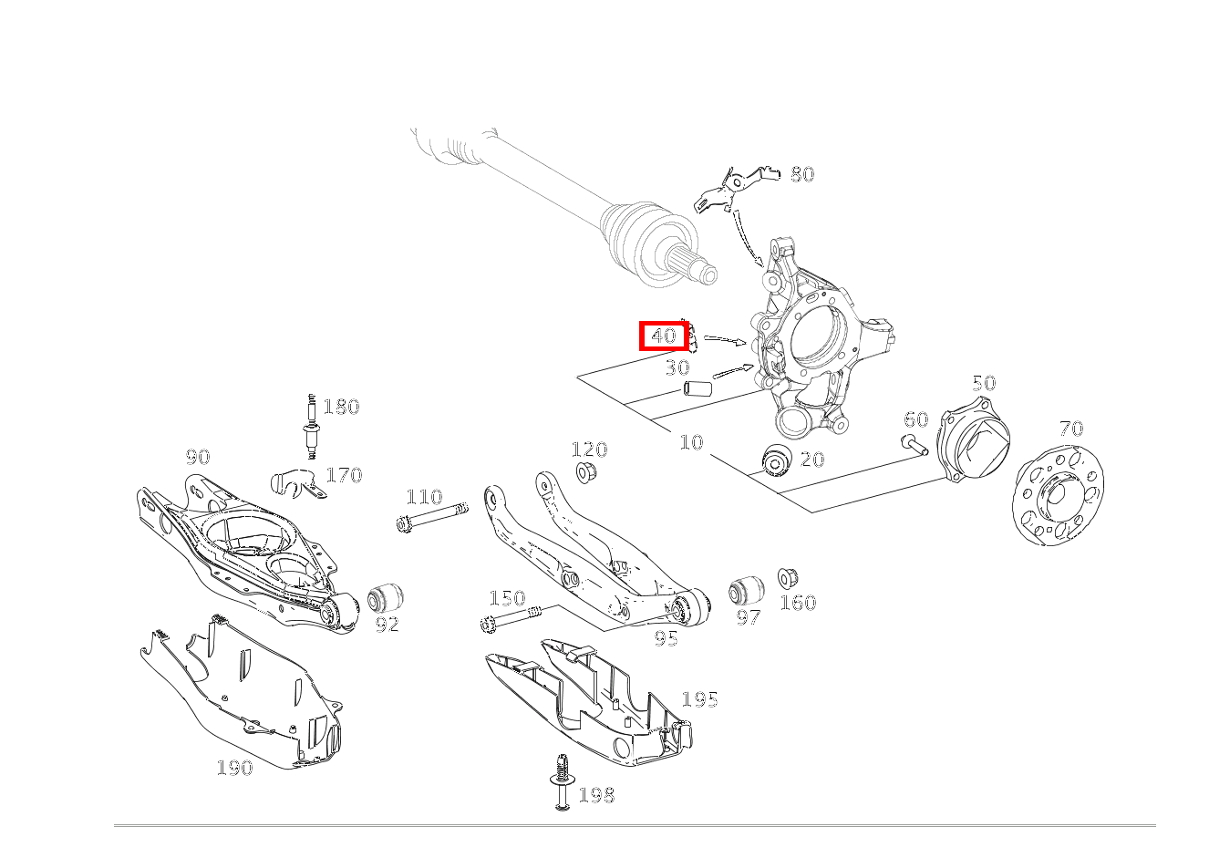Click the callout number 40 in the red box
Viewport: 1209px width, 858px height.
tap(664, 336)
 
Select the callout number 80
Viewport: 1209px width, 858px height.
tap(802, 174)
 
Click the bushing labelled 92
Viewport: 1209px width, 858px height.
tap(386, 598)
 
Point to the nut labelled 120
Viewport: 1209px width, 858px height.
tap(584, 472)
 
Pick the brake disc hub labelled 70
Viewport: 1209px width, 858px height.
tap(1058, 495)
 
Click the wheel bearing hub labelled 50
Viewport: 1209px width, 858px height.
tap(973, 438)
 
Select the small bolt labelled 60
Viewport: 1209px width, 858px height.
tap(914, 443)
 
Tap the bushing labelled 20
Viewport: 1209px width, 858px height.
tap(777, 460)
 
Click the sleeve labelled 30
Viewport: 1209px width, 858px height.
tap(697, 388)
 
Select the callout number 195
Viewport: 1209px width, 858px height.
tap(700, 700)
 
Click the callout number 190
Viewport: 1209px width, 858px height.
tap(234, 768)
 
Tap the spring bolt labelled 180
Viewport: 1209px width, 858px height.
tap(312, 427)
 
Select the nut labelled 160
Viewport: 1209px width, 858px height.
tap(788, 578)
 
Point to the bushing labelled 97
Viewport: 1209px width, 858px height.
tap(747, 591)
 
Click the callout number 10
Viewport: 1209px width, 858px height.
tap(691, 442)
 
